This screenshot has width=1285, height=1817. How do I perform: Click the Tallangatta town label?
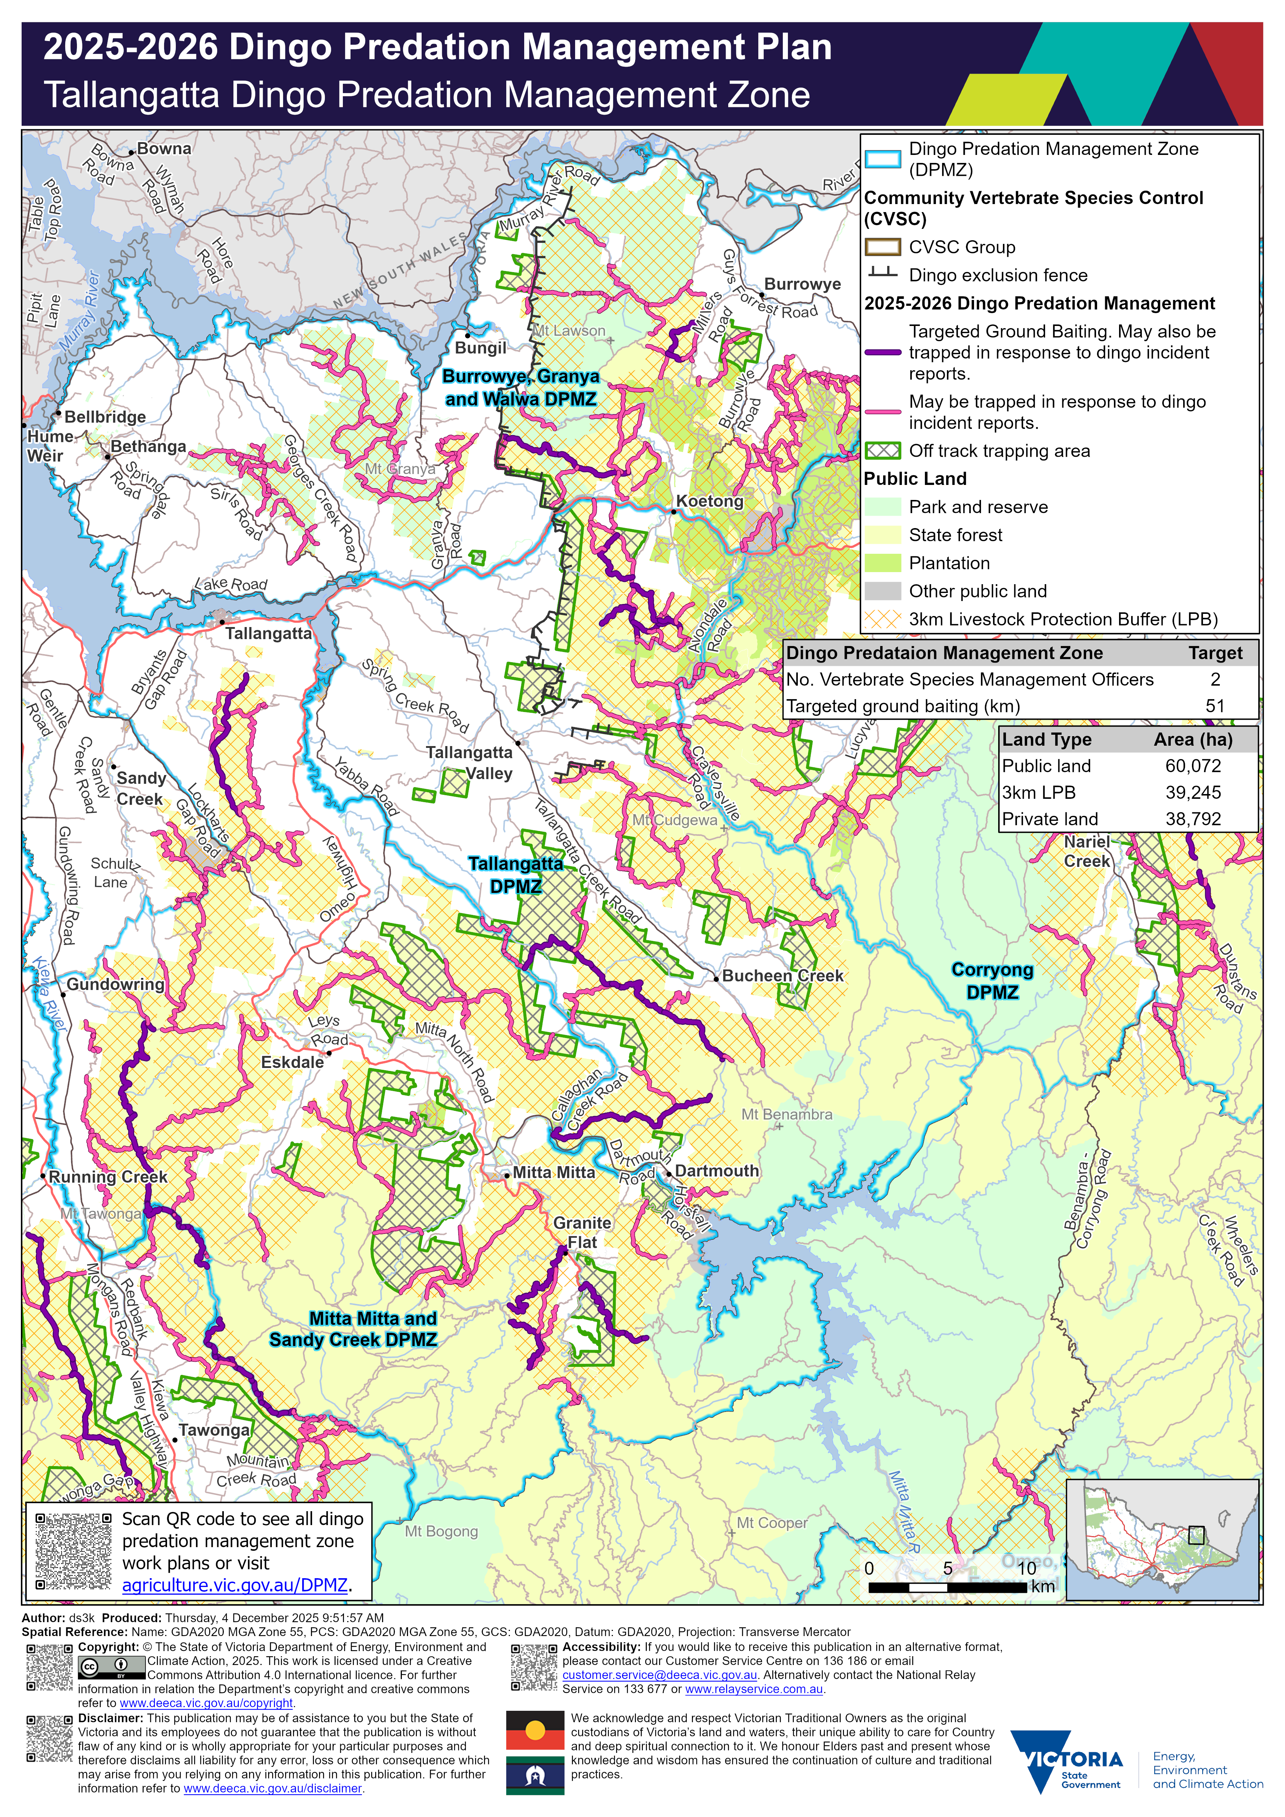point(268,634)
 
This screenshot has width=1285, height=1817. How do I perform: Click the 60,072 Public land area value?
point(1192,766)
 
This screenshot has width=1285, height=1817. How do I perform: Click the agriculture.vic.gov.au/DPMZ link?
point(235,1585)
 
